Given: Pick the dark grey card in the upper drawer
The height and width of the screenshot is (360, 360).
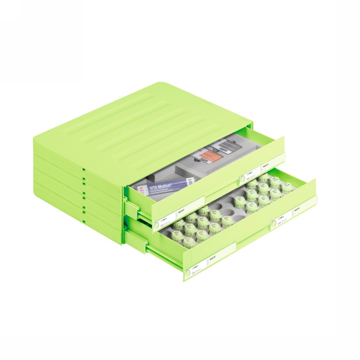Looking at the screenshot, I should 225,145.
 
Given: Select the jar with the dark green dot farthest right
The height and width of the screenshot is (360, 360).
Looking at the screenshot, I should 287,186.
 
